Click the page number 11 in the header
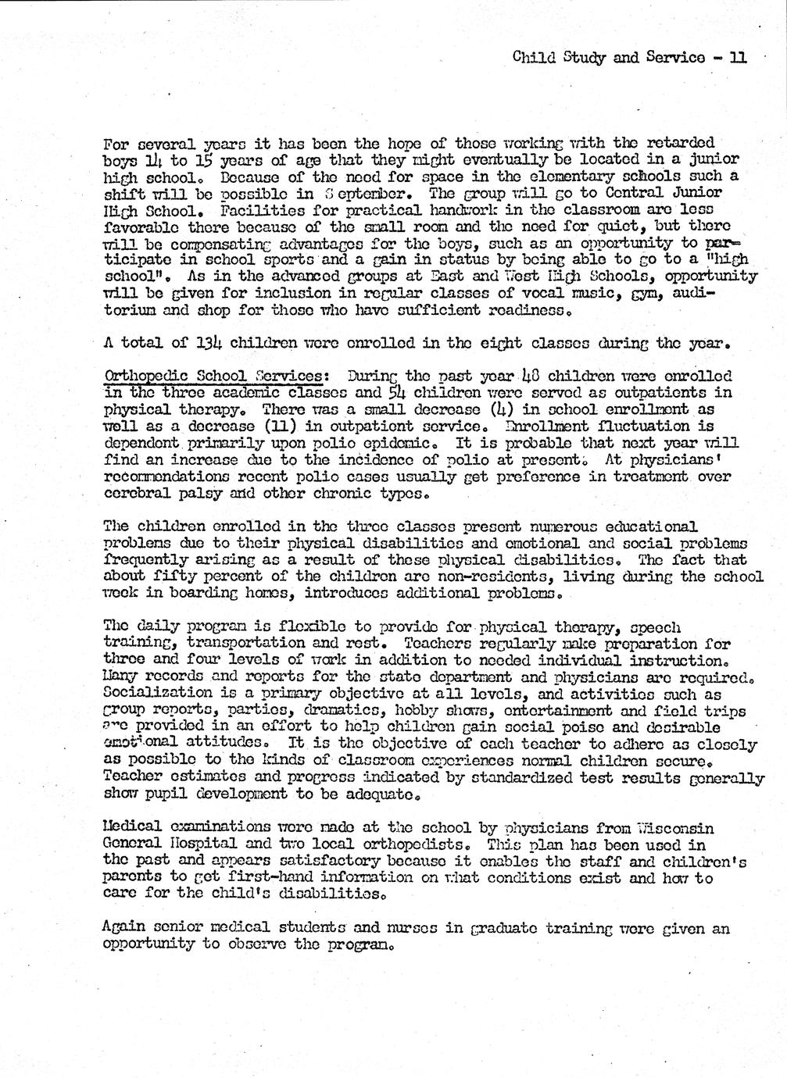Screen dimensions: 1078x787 737,56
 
